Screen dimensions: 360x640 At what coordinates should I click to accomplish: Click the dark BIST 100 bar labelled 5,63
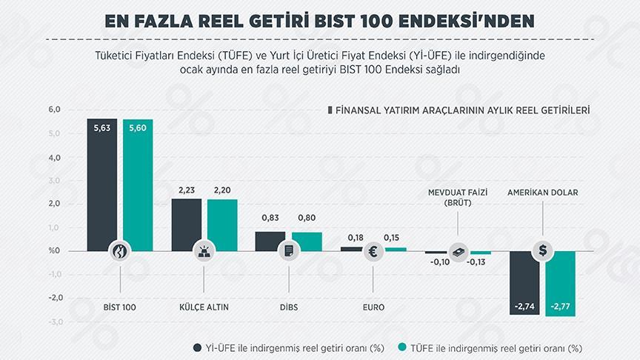click(101, 178)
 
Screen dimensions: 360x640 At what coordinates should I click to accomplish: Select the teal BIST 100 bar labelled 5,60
click(138, 178)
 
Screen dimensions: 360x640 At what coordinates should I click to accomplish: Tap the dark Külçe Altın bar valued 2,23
click(186, 222)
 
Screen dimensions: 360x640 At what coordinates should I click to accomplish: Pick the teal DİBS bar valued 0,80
click(307, 241)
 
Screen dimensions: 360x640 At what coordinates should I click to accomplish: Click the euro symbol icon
click(373, 251)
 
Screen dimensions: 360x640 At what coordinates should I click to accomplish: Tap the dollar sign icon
click(543, 251)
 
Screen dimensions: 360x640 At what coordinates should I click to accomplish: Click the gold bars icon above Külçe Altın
click(204, 251)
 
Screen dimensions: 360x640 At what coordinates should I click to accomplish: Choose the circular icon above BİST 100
click(120, 251)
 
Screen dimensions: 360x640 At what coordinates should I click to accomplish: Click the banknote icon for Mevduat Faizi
click(459, 251)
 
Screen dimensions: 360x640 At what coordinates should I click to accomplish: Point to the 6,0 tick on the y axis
click(33, 110)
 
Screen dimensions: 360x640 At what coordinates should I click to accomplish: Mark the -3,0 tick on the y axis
click(33, 322)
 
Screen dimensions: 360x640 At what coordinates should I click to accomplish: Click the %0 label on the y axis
click(33, 251)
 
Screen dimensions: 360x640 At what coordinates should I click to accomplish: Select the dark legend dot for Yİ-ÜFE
click(197, 347)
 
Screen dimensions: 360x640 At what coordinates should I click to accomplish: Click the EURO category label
click(373, 304)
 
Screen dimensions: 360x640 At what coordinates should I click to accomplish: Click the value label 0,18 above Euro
click(356, 237)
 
